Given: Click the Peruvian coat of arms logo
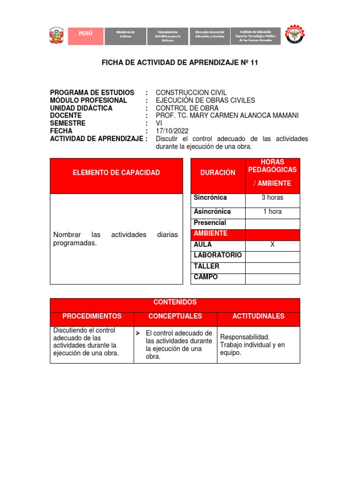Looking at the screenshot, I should [57, 36].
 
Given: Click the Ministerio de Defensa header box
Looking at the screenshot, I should [125, 36].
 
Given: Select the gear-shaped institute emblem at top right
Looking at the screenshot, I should [298, 36].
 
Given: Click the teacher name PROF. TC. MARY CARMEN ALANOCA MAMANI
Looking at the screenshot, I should [227, 115].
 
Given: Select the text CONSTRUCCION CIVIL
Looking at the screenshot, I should [191, 92].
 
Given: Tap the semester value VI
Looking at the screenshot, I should [158, 123].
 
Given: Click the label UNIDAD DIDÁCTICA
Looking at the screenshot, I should [81, 108].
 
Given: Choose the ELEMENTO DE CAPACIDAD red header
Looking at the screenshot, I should [116, 173].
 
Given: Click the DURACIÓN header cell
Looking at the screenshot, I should [217, 173].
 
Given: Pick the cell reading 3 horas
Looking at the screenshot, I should [272, 197].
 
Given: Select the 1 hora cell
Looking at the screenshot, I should [272, 211].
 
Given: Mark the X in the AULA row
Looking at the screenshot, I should [272, 245].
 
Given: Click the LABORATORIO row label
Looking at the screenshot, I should [217, 255].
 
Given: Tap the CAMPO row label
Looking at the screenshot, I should [206, 277].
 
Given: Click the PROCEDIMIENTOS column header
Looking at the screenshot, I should [92, 316].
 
